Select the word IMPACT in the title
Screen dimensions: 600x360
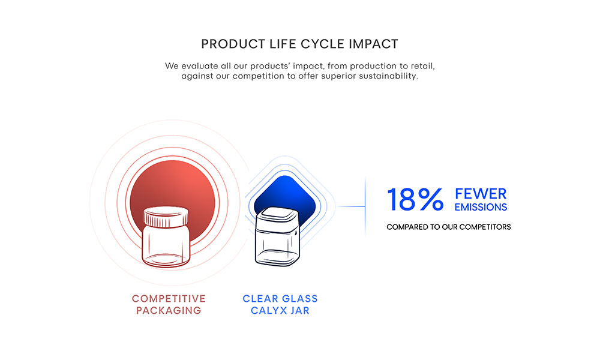373,44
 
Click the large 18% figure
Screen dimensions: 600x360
415,199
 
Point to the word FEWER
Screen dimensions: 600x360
481,194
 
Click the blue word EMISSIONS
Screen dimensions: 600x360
481,207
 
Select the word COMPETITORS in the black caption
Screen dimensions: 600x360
485,227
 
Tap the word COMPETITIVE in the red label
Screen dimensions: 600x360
169,298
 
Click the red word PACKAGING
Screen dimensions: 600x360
169,310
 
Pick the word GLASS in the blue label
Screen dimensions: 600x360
299,298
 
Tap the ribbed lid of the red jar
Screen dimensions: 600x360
166,217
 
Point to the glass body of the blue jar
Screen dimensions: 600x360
277,247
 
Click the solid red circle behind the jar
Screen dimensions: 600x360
173,184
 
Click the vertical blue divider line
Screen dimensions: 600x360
365,206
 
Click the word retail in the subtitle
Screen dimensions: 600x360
422,66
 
